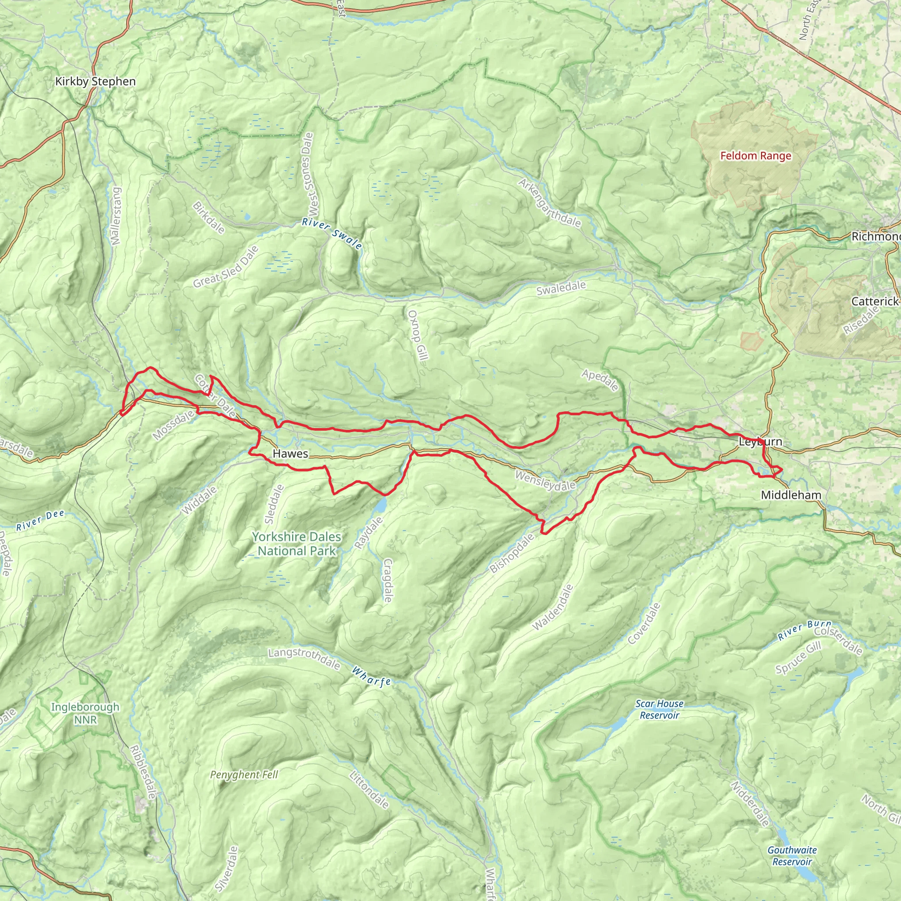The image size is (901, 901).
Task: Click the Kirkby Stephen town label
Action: tap(95, 82)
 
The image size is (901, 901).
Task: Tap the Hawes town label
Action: tap(290, 453)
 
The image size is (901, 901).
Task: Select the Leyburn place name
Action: tap(760, 441)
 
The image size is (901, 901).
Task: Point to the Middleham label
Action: tap(791, 495)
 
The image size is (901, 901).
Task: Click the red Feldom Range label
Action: tap(755, 156)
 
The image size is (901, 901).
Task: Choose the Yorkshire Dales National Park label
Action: tap(297, 544)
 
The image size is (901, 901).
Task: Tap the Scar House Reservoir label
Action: tap(659, 709)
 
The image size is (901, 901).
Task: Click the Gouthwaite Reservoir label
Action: tap(792, 856)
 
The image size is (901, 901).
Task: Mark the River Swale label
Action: tap(332, 234)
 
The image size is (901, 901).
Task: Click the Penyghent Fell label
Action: tap(244, 775)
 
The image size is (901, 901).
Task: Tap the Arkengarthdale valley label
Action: tap(550, 203)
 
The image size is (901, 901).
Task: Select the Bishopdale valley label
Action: tap(512, 553)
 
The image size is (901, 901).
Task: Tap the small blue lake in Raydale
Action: tap(381, 504)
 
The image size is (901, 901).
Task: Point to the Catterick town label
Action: tap(875, 301)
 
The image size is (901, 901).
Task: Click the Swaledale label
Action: tap(561, 289)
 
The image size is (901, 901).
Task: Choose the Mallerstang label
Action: tap(116, 216)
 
